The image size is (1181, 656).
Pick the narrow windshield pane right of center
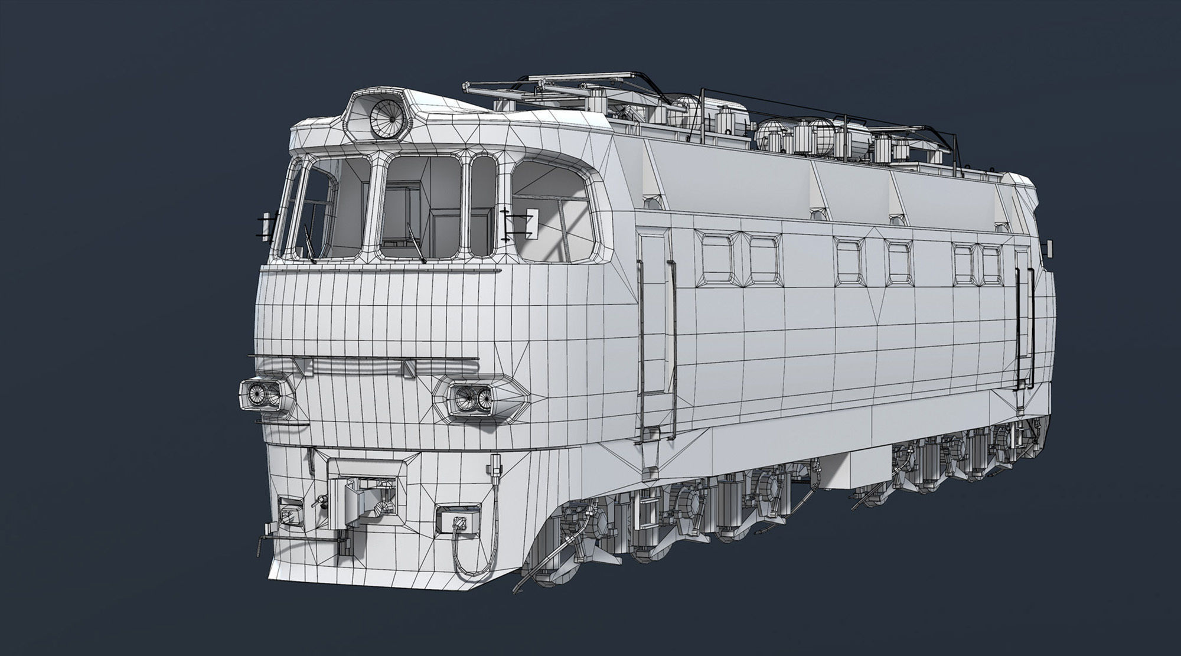pos(483,207)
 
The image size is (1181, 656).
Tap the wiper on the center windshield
pos(416,243)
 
